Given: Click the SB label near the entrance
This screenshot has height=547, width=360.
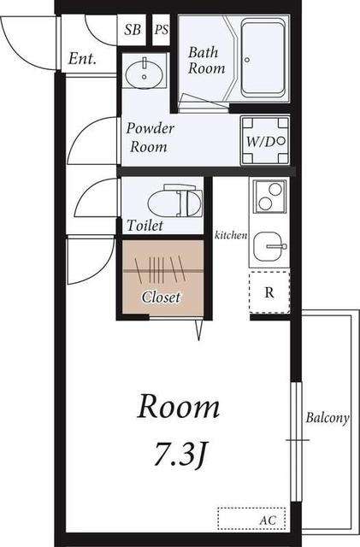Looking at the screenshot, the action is coord(133,30).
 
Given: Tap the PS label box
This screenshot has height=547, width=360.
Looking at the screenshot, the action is coord(162,30).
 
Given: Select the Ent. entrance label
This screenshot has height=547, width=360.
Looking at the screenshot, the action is coord(82,58).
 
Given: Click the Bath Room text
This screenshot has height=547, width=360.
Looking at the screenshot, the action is coord(206,60).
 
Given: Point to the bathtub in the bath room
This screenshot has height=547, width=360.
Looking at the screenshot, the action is coord(263,58).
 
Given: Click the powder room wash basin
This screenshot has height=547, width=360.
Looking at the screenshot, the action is coord(145,74).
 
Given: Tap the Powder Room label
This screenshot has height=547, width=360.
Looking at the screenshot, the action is coord(150,137).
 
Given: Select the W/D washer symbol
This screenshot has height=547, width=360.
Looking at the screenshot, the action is coord(265,141).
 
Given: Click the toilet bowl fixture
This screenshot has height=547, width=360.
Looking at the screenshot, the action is coord(175,203).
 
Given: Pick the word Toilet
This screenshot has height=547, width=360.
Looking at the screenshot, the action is coord(145,226).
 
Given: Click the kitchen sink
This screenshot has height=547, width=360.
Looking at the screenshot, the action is coord(269,246).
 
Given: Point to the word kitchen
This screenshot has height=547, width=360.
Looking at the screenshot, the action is coord(231,235).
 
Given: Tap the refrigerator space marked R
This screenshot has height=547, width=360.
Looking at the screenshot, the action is coord(269,292).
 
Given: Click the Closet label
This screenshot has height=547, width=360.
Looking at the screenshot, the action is coord(161,297).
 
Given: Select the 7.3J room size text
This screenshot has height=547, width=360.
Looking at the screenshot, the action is coord(179,454).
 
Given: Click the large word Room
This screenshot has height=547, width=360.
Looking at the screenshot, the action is coord(179,407).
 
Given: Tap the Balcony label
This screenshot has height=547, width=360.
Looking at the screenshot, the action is coord(328,418).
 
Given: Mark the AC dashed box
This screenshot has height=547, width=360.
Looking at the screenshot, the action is coord(251,519).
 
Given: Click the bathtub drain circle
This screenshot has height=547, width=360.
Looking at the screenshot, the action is coord(247,60).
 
